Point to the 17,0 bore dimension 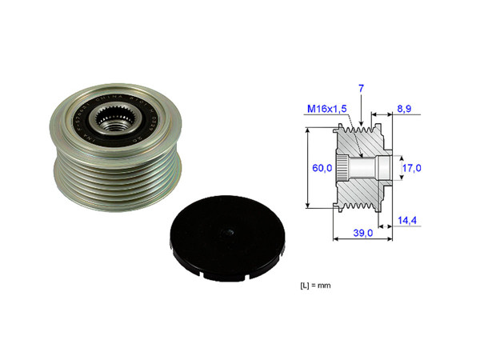pos(411,169)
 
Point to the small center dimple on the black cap pos(227,234)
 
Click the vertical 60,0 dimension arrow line pos(309,168)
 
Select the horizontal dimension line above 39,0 pos(362,225)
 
